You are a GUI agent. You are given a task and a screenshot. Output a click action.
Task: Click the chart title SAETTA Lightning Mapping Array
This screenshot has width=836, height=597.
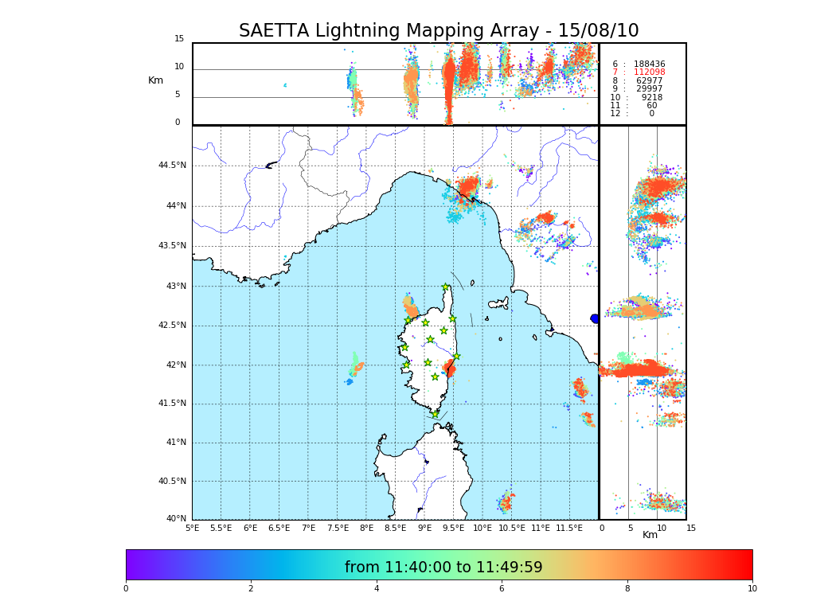coord(439,31)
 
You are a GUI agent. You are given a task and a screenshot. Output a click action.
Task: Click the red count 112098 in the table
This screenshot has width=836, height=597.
coord(649,72)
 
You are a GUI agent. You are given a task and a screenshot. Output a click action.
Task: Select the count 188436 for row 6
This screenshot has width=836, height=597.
coord(649,64)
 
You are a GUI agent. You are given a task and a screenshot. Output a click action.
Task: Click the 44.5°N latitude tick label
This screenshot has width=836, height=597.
coord(172,166)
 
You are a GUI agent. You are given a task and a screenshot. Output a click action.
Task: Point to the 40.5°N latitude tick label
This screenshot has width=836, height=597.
coord(172,481)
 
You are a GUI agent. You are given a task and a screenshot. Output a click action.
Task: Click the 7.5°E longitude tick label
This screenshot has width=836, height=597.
coord(338,528)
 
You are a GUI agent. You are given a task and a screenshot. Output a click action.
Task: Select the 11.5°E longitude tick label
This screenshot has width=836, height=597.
coord(569,528)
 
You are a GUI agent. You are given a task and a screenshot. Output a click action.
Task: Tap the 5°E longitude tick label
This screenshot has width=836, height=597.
coord(193,528)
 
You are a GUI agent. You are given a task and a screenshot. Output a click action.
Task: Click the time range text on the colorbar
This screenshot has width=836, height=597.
coord(443,568)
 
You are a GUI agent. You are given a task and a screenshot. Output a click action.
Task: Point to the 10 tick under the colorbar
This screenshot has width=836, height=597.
coord(752,588)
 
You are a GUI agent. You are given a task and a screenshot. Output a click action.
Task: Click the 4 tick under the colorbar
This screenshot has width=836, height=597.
coord(377,588)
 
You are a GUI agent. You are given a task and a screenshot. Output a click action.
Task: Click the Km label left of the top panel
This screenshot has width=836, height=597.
coord(155,80)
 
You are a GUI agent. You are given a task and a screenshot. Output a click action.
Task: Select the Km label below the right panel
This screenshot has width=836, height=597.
coord(650,535)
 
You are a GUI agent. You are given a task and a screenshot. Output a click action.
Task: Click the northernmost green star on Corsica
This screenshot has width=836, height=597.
coord(446,287)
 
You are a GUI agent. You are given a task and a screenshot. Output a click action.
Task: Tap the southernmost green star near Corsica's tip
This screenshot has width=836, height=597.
coord(436,414)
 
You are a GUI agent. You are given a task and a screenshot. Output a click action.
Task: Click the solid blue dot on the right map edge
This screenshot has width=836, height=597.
coord(595,318)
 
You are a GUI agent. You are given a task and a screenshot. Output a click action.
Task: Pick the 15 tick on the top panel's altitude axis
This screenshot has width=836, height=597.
coord(179,39)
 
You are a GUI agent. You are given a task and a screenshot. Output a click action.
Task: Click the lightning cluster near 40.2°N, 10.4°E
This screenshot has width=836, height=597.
coord(505,502)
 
